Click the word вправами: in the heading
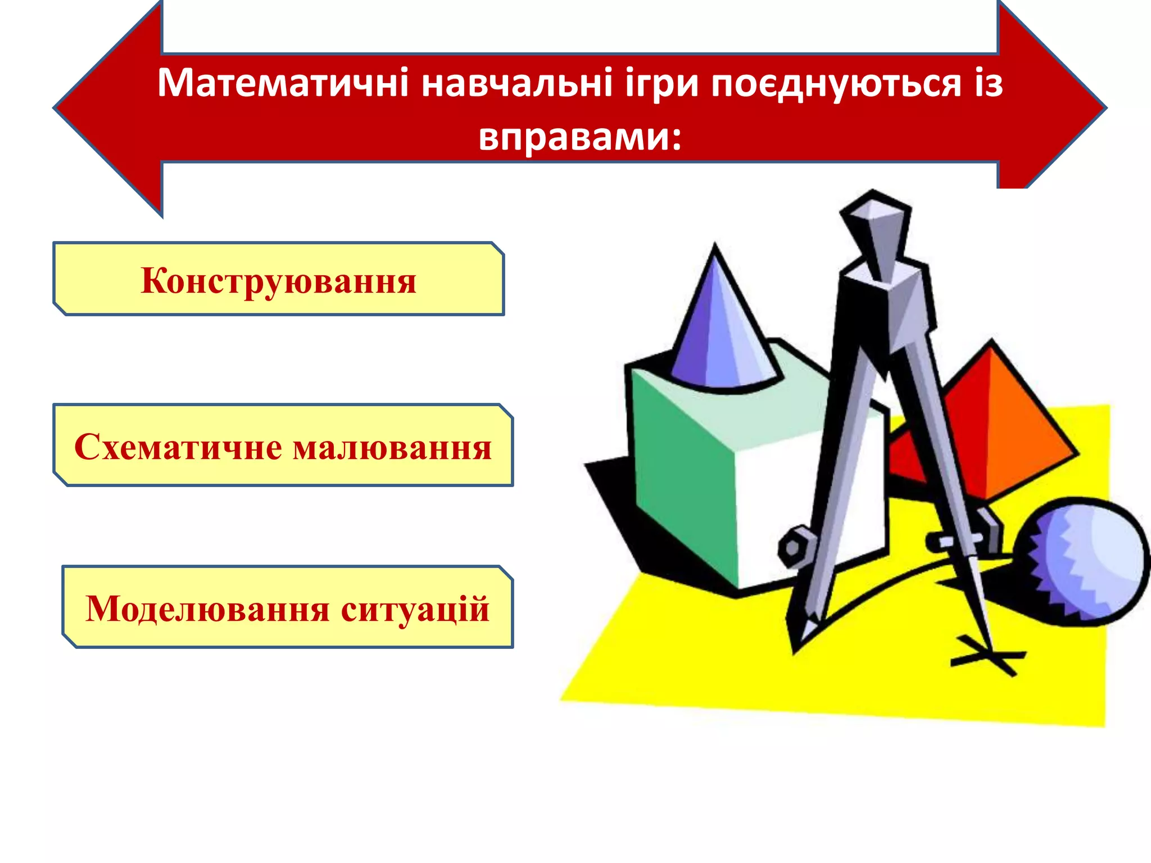click(x=580, y=137)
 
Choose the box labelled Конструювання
click(x=278, y=279)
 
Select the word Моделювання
click(x=207, y=609)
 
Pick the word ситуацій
click(x=415, y=609)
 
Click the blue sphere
click(x=1082, y=562)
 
